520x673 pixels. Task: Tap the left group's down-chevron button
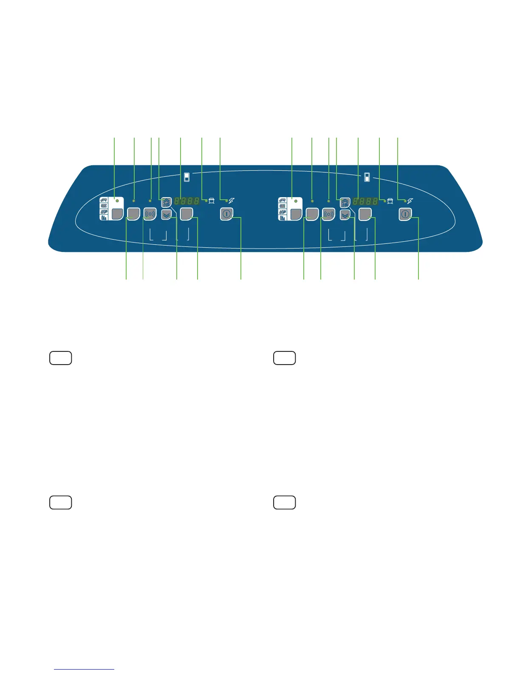[x=167, y=215]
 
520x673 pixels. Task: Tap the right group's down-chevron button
[x=345, y=215]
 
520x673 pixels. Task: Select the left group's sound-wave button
[x=150, y=214]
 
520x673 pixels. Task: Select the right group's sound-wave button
[x=328, y=214]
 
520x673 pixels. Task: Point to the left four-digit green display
[x=187, y=201]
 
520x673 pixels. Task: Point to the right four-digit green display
[x=365, y=201]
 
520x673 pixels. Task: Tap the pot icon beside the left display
[x=212, y=201]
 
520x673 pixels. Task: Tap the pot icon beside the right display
[x=390, y=201]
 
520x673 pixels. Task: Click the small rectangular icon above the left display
[x=187, y=177]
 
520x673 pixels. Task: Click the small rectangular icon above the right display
[x=367, y=177]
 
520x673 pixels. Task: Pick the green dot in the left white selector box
[x=117, y=200]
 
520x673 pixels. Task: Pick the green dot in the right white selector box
[x=295, y=200]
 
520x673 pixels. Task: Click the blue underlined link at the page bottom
[x=85, y=669]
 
